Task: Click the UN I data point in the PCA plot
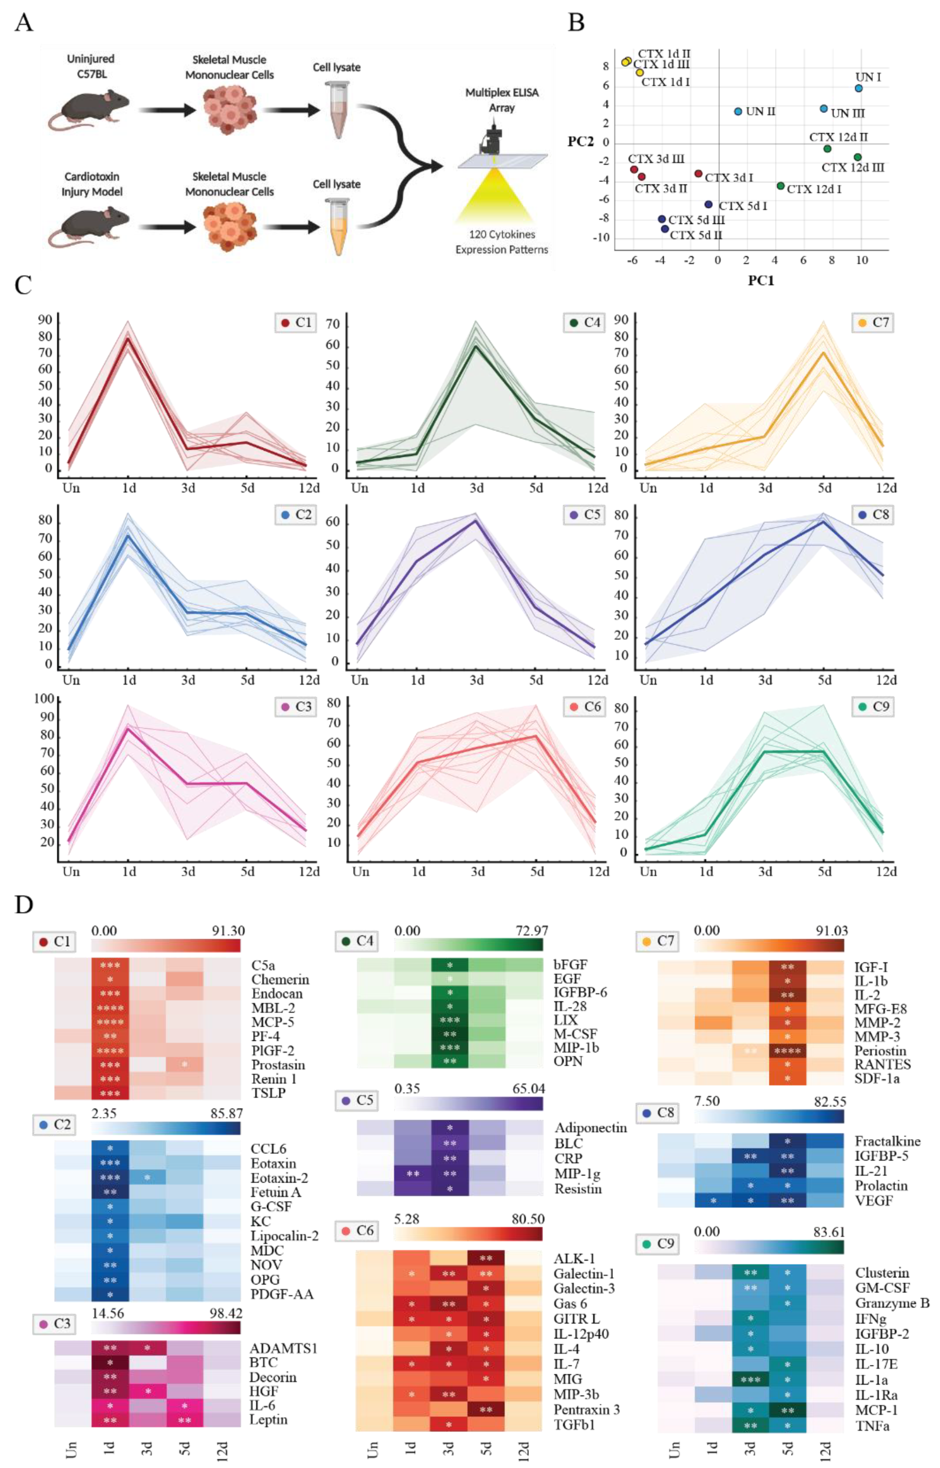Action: pos(858,88)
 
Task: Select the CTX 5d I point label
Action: pos(743,206)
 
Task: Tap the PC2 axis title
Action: pos(580,142)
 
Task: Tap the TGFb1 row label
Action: pos(574,1425)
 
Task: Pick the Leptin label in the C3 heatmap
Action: pos(269,1419)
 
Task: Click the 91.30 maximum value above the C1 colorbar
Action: pos(227,931)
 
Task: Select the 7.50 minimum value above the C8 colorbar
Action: pos(707,1101)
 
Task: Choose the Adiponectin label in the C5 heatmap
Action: pos(590,1128)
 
